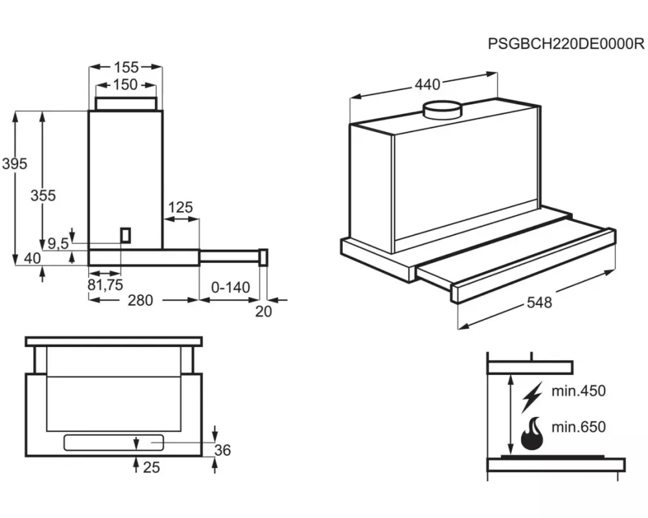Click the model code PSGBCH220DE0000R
click(566, 45)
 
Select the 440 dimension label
click(427, 84)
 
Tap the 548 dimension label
click(538, 302)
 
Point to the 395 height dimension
click(14, 164)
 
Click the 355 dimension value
click(43, 195)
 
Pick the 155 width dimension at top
click(126, 67)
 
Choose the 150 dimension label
click(125, 84)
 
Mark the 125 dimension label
click(181, 207)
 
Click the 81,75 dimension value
click(105, 284)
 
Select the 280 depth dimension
click(140, 300)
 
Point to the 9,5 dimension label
click(58, 243)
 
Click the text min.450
click(578, 391)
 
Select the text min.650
click(578, 427)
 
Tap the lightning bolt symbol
click(533, 396)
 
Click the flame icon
click(533, 435)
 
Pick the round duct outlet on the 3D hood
click(443, 110)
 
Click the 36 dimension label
click(222, 450)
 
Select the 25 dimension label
click(151, 466)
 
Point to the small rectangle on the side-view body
click(126, 234)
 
